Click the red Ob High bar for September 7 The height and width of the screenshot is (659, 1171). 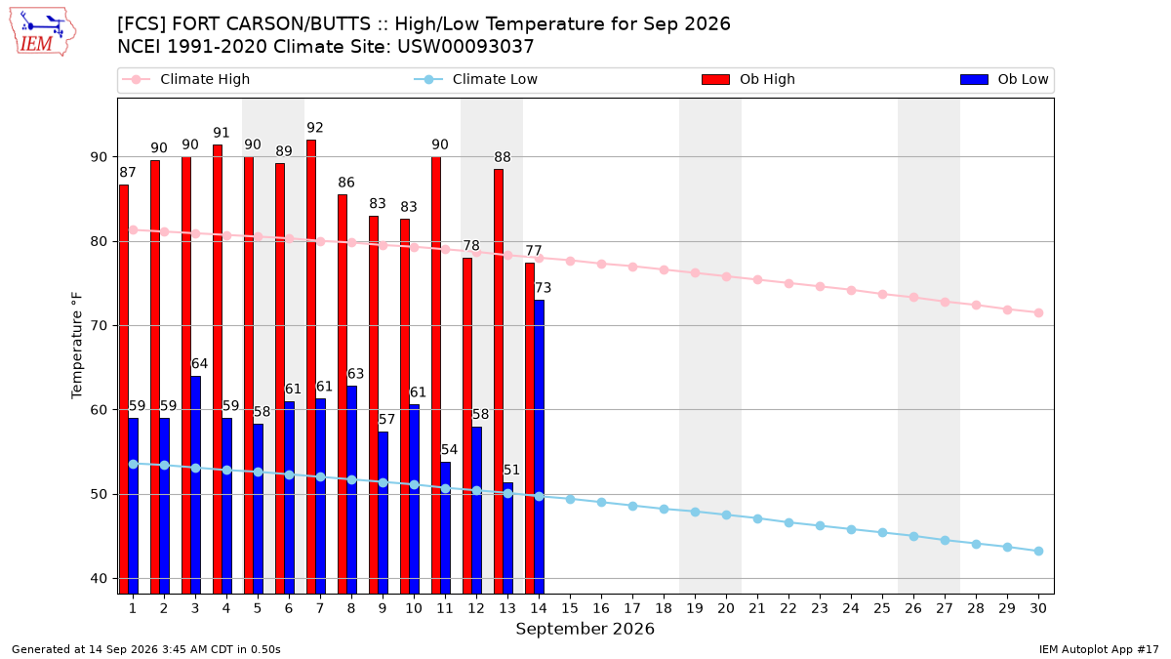click(x=311, y=367)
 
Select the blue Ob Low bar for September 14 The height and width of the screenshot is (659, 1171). click(x=539, y=447)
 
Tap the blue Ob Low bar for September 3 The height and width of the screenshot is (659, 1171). click(x=195, y=485)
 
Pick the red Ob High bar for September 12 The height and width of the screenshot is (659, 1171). click(x=467, y=426)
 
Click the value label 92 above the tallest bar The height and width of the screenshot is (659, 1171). click(x=314, y=128)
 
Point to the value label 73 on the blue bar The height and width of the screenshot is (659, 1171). click(x=543, y=288)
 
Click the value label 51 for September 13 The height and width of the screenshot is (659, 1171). click(x=511, y=470)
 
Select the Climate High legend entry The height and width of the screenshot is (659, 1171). click(x=185, y=79)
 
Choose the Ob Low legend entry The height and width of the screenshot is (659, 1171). click(x=1004, y=79)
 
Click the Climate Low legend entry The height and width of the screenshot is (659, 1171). click(x=476, y=79)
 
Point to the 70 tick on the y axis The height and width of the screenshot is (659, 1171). click(x=99, y=326)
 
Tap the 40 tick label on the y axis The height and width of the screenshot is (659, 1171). click(x=99, y=578)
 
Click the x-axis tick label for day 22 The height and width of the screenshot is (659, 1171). click(x=788, y=608)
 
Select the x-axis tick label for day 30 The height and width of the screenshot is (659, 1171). click(x=1038, y=608)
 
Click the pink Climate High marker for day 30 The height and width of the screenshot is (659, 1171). click(x=1038, y=312)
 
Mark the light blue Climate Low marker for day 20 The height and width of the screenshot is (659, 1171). click(x=726, y=515)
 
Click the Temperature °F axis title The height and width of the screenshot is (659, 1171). click(x=77, y=346)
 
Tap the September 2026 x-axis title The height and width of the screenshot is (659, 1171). click(x=585, y=629)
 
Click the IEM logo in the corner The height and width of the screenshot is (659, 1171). click(x=42, y=32)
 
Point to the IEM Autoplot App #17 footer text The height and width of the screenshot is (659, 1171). click(x=1099, y=649)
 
